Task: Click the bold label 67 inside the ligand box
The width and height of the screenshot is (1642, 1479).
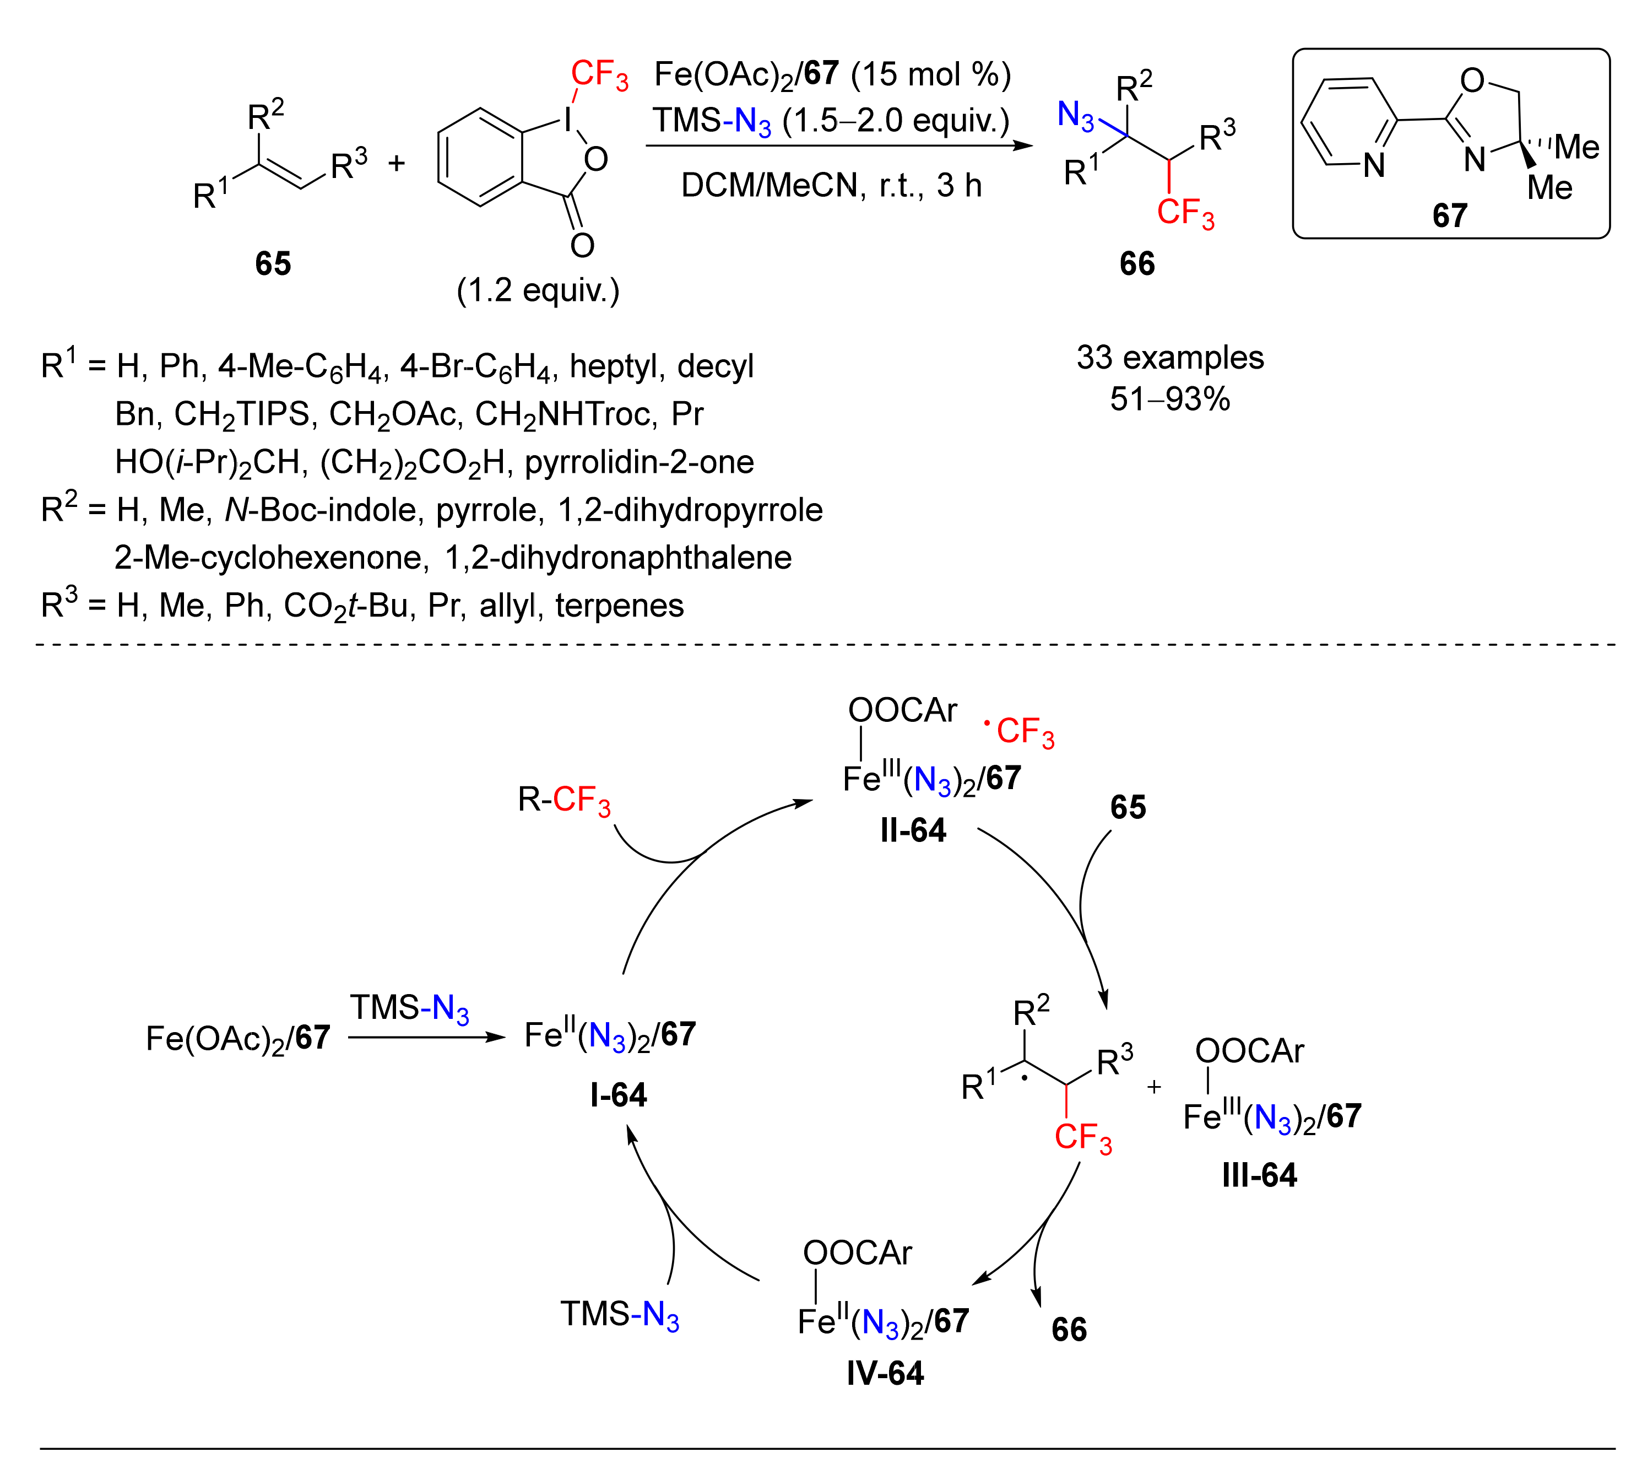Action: click(x=1449, y=215)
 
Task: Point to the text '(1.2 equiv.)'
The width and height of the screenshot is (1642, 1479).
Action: click(x=537, y=290)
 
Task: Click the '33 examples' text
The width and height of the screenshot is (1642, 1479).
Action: click(x=1169, y=358)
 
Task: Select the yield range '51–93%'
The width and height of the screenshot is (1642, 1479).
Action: click(x=1169, y=399)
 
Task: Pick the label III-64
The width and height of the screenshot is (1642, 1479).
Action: click(x=1259, y=1175)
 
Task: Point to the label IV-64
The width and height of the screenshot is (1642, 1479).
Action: click(x=885, y=1373)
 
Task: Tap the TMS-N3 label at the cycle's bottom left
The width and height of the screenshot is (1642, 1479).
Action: click(x=619, y=1314)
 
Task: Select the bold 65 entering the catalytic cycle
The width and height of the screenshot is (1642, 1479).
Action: click(x=1128, y=807)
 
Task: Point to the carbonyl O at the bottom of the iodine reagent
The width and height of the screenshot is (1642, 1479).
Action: click(x=582, y=245)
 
